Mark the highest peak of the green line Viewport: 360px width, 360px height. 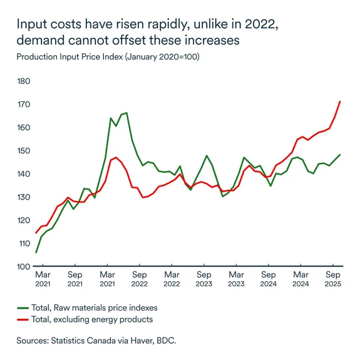click(126, 113)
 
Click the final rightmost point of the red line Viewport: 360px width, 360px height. click(340, 101)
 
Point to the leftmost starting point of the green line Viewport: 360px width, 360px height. click(36, 252)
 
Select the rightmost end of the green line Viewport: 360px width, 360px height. click(340, 155)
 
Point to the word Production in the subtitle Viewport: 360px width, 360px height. click(38, 57)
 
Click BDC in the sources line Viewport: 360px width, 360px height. click(167, 341)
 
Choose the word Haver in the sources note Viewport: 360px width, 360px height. click(142, 341)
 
